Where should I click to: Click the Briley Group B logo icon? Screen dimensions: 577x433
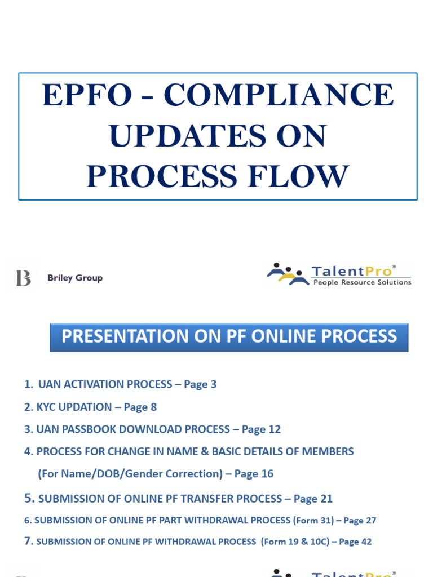coord(24,278)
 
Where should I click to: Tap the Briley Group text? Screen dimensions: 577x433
coord(75,278)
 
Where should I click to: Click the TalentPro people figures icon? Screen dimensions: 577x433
coord(287,273)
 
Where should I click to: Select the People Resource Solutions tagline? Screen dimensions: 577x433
coord(362,282)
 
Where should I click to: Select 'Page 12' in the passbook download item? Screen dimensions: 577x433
coord(261,429)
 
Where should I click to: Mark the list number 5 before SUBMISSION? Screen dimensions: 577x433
coord(29,498)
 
